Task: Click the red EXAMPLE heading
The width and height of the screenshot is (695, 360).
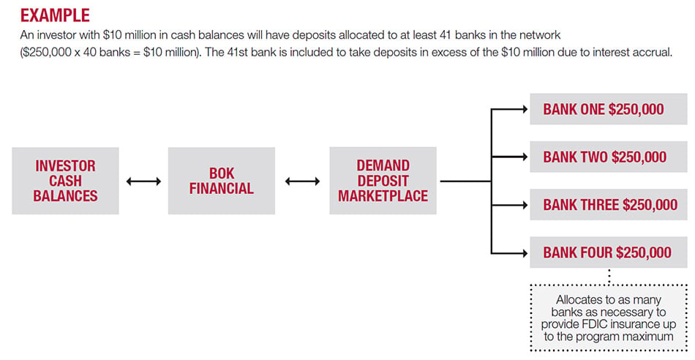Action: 55,15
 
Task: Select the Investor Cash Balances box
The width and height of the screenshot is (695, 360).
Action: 65,181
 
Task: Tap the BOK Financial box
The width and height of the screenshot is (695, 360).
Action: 221,181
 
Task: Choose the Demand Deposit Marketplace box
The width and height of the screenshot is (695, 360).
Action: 383,181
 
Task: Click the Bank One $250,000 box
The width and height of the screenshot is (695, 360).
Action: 608,109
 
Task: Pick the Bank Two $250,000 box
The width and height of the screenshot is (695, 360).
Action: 608,157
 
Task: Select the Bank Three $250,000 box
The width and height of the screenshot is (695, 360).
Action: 608,205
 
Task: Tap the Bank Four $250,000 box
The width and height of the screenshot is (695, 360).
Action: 608,252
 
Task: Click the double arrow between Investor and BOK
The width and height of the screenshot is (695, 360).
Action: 143,181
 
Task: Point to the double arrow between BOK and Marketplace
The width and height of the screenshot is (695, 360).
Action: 302,181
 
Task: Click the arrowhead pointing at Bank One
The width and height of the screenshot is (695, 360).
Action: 525,109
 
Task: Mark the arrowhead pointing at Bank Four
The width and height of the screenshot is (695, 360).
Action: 525,253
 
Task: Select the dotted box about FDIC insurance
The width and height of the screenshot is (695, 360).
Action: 609,318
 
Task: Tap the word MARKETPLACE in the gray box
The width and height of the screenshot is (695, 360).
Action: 383,196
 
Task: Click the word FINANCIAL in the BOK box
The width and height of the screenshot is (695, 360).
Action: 221,189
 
